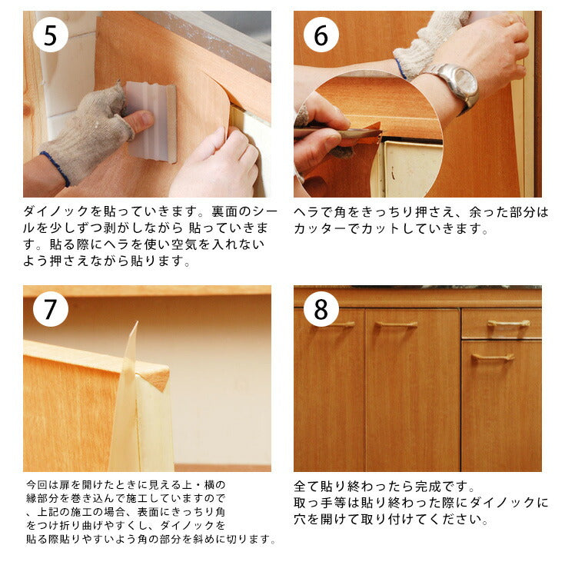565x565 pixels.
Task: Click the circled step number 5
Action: (x=51, y=35)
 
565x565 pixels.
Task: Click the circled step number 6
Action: (x=321, y=35)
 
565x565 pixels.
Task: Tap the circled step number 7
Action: (x=51, y=309)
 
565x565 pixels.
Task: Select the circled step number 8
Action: (x=321, y=309)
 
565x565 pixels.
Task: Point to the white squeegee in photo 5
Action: (x=151, y=121)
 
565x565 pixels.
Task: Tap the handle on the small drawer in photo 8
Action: (x=508, y=324)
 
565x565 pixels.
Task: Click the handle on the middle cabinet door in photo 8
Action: (x=396, y=325)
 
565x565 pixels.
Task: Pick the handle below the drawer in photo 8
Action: (x=493, y=357)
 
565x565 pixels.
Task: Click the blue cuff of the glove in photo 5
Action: (x=56, y=168)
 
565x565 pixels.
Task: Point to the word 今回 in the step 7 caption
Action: (x=37, y=485)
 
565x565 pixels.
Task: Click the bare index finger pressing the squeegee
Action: (x=138, y=121)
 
